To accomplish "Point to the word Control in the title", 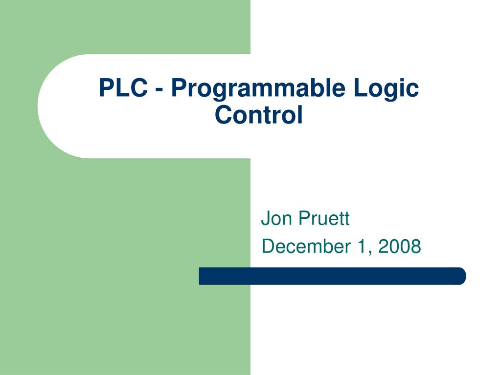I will [259, 115].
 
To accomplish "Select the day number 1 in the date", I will [361, 247].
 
